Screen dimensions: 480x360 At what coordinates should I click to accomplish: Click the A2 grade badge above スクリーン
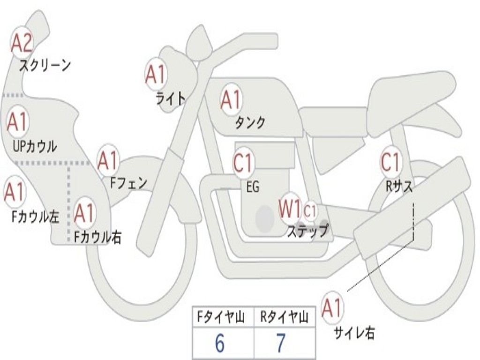[x=22, y=44]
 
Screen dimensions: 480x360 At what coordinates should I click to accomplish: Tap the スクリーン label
[x=45, y=65]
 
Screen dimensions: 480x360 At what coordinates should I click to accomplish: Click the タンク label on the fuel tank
[x=250, y=122]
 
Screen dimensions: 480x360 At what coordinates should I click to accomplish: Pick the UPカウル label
[x=35, y=146]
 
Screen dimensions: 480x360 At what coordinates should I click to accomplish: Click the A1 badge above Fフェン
[x=108, y=161]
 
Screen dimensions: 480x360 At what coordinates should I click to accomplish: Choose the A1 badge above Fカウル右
[x=84, y=214]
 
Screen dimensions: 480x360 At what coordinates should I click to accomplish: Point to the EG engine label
[x=253, y=187]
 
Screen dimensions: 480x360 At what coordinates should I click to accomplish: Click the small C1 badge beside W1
[x=310, y=211]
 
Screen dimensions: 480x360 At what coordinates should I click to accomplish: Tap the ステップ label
[x=308, y=231]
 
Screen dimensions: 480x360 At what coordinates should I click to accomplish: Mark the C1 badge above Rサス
[x=390, y=162]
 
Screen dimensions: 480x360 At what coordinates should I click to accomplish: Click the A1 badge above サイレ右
[x=332, y=308]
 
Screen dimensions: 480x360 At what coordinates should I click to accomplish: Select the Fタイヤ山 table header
[x=223, y=318]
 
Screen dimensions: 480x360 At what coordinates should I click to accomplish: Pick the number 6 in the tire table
[x=219, y=344]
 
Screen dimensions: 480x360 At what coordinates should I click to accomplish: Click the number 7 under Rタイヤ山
[x=280, y=344]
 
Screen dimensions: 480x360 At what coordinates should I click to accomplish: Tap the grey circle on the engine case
[x=264, y=218]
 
